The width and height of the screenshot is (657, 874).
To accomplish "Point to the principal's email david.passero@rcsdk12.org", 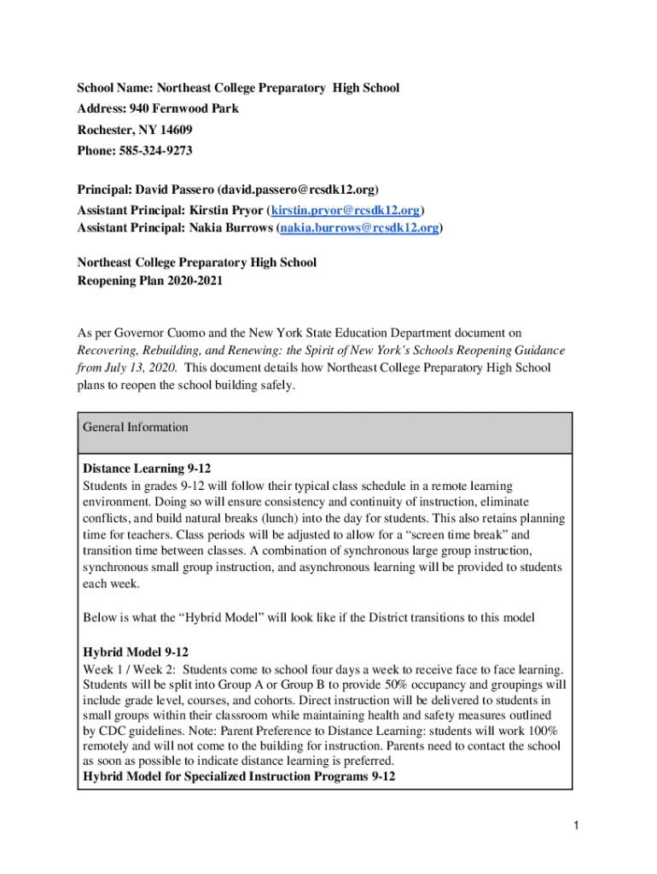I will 298,189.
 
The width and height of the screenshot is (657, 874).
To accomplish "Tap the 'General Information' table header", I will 136,427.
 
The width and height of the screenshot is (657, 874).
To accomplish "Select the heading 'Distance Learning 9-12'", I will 147,469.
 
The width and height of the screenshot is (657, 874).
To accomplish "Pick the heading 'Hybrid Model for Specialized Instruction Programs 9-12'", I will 239,777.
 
